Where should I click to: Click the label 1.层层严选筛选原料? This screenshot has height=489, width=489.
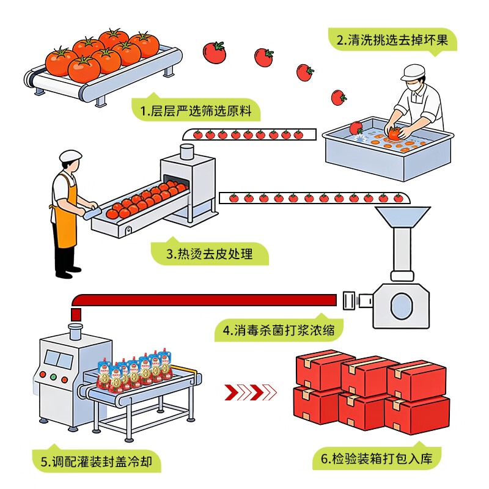point(195,111)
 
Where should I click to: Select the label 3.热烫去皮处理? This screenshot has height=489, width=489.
point(209,253)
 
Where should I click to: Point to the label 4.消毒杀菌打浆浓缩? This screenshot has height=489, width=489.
point(278,331)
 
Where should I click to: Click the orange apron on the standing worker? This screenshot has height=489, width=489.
point(67,214)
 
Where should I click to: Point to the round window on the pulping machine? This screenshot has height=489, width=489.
point(401,303)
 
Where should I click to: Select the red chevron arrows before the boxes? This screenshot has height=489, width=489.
point(250,391)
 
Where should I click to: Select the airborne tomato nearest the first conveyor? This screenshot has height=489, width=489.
point(215,52)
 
